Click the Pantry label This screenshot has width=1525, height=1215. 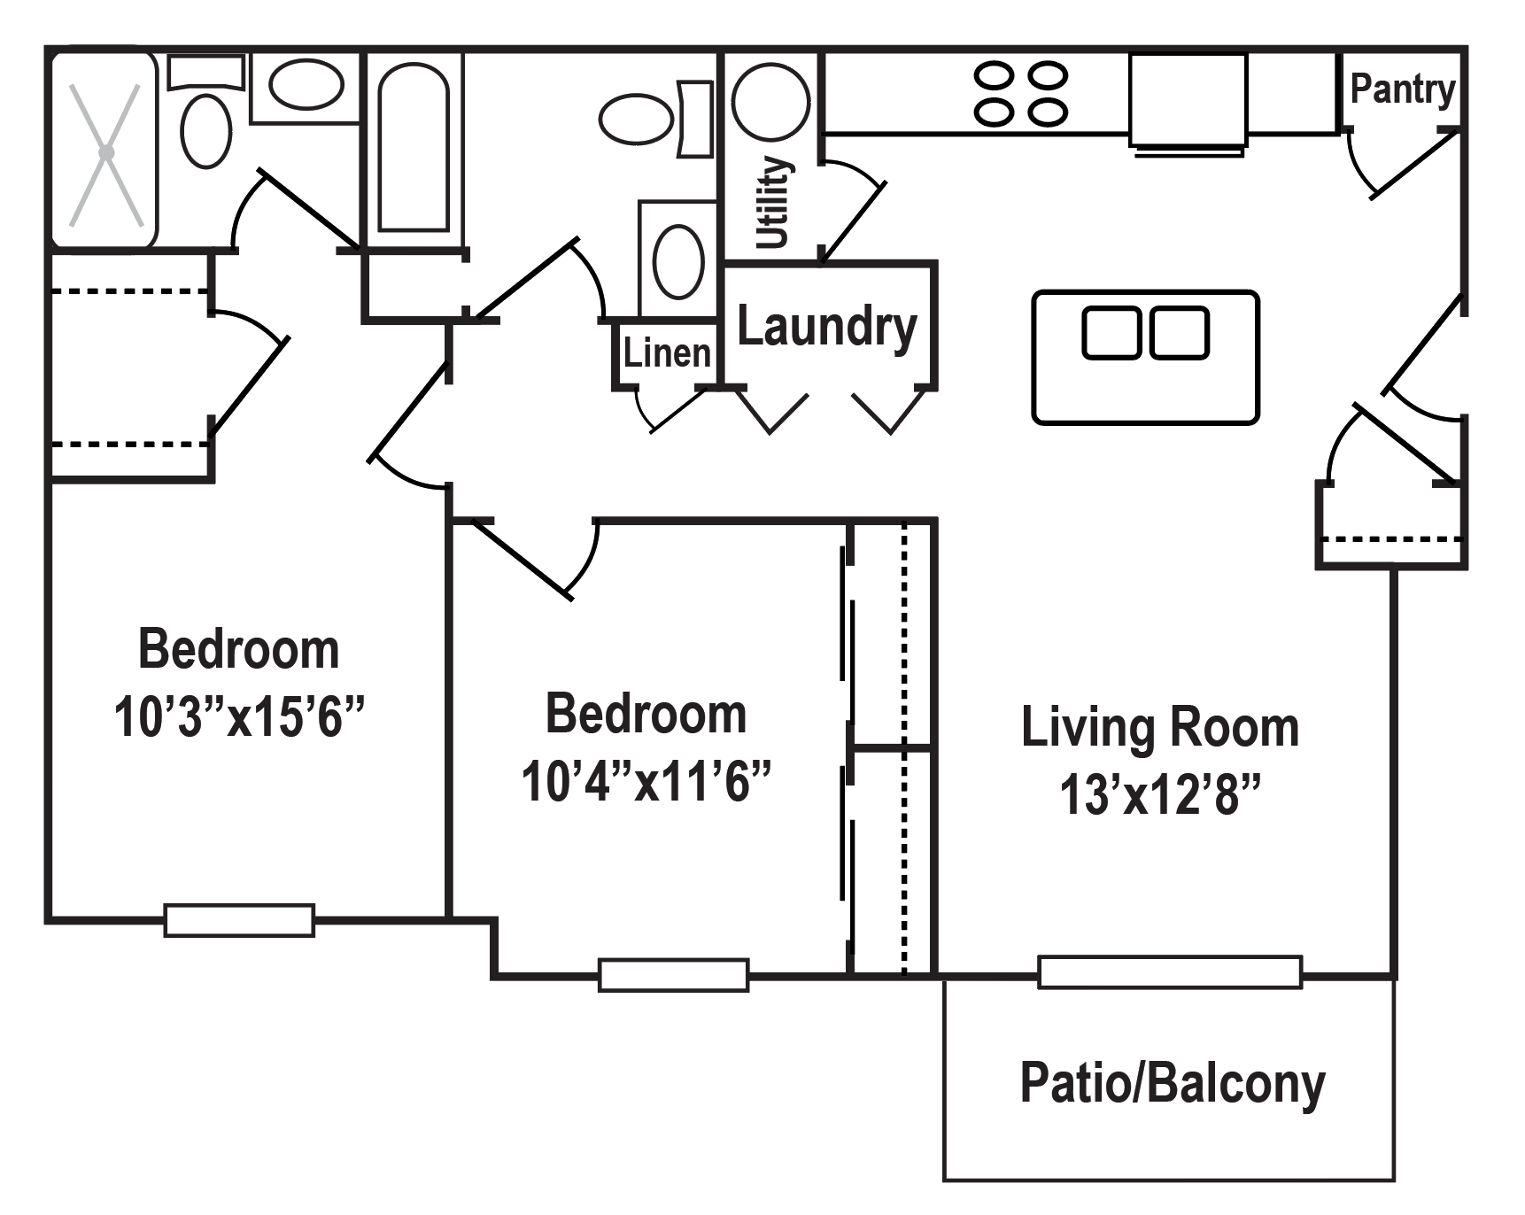tap(1402, 89)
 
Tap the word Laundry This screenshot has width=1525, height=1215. tap(826, 328)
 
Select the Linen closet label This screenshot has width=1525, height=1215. tap(666, 353)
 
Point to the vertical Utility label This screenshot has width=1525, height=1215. tap(772, 202)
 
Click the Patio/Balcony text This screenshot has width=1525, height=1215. tap(1172, 1083)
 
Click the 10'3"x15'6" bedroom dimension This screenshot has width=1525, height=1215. tap(239, 716)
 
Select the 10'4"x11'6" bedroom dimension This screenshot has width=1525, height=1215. tap(646, 781)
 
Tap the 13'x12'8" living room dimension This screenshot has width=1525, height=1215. tap(1159, 793)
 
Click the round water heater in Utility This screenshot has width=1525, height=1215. tap(770, 101)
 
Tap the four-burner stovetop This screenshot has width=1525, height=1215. tap(1020, 93)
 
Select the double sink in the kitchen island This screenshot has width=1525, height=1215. tap(1145, 333)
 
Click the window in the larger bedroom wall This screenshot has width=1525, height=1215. tap(239, 920)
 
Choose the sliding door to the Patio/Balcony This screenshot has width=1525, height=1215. tap(1169, 972)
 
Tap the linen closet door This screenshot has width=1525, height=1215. tap(675, 411)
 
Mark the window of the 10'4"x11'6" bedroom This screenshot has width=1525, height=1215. tap(673, 975)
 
